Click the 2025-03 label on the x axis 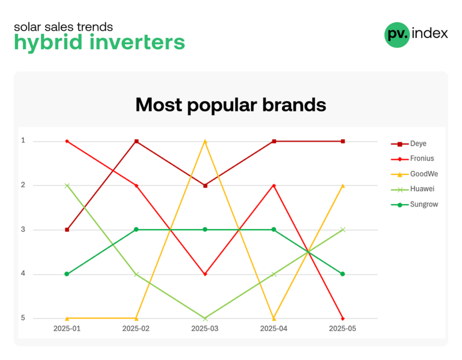(x=205, y=329)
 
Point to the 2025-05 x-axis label (x=342, y=329)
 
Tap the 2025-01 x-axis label (x=67, y=329)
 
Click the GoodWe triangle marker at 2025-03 (x=205, y=141)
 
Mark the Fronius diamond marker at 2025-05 (x=343, y=319)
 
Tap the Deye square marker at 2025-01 (x=67, y=230)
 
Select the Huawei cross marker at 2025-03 (x=205, y=319)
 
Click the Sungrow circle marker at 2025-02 (x=136, y=230)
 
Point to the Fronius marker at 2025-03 (x=205, y=274)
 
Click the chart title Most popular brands (x=230, y=104)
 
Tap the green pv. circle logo (x=397, y=34)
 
